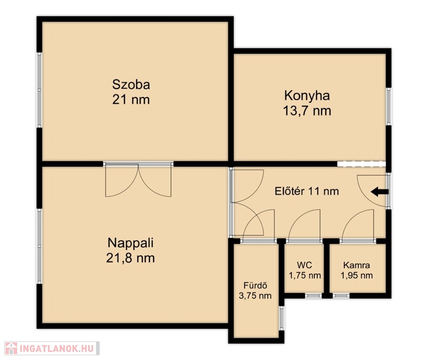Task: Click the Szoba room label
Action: coord(131,84)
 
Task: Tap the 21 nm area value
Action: coord(131,100)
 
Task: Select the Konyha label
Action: coord(307,96)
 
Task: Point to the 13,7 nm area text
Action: coord(307,111)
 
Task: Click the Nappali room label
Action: coord(131,243)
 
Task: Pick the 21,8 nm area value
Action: coord(131,258)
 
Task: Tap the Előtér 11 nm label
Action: coord(307,191)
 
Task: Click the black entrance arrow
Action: coord(379,192)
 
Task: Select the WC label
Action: coord(304,265)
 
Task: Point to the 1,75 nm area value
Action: coord(305,275)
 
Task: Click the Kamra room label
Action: coord(356,265)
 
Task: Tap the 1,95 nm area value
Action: coord(356,275)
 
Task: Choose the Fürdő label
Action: coord(255,285)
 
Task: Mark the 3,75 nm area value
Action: coord(255,295)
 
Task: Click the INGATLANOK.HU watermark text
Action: coord(57,348)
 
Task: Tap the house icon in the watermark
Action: coord(11,348)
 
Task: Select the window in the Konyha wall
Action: coord(388,106)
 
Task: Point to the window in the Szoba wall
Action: coord(39,90)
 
